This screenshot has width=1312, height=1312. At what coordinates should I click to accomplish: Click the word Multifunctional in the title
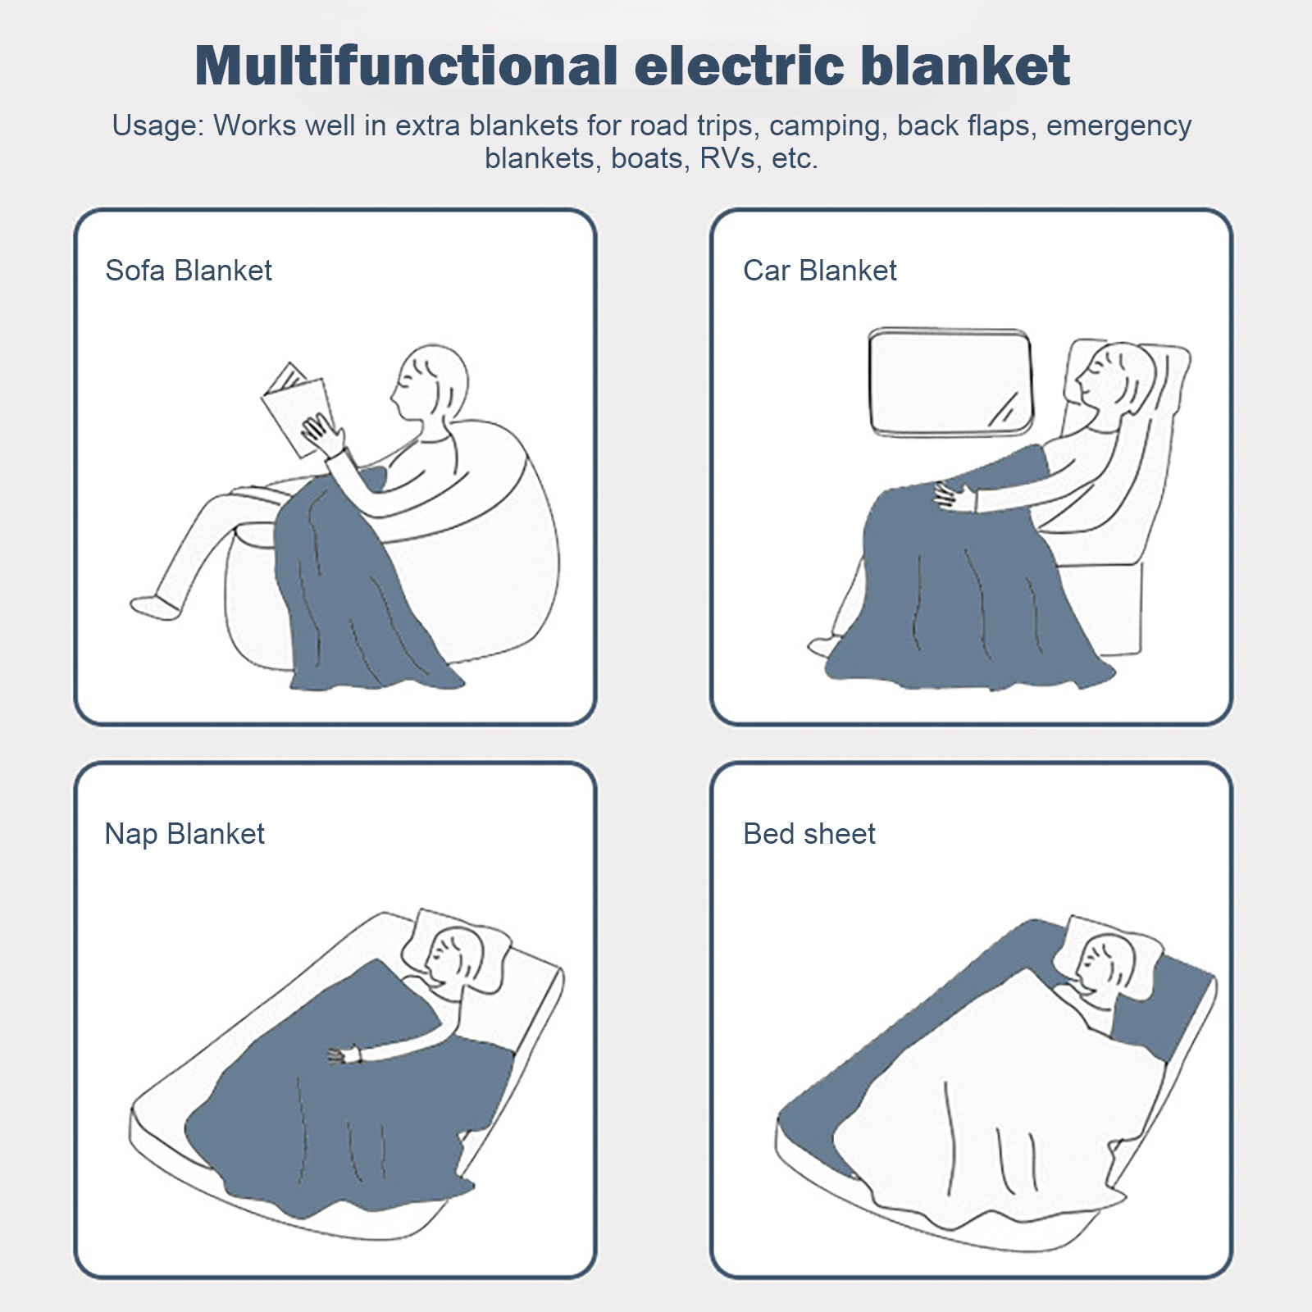click(x=406, y=66)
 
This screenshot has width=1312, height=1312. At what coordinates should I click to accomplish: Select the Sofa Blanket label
click(x=188, y=271)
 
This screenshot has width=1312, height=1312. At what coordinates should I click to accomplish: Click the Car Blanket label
click(x=819, y=271)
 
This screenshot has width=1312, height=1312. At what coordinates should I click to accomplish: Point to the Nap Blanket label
click(x=184, y=834)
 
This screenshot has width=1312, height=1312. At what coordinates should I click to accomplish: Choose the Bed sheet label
click(x=809, y=834)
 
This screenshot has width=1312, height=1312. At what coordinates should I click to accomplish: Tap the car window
click(x=950, y=382)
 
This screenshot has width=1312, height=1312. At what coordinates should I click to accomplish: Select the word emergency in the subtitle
click(x=1118, y=125)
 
